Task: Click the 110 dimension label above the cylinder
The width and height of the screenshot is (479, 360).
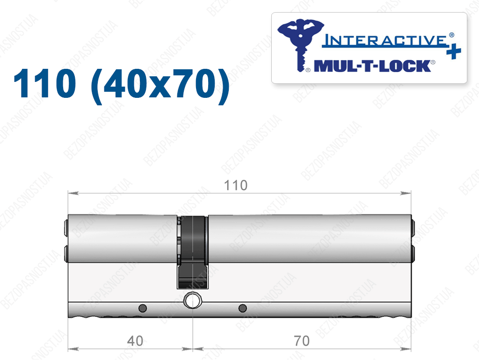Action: tap(236, 185)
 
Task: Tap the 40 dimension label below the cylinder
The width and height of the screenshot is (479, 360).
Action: tap(135, 341)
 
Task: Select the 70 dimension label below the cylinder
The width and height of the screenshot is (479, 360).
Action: tap(302, 341)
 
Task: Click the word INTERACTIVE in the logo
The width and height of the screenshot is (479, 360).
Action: tap(385, 40)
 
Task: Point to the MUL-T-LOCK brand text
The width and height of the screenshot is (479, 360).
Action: tap(372, 66)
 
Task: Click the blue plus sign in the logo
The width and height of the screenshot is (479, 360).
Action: tap(454, 51)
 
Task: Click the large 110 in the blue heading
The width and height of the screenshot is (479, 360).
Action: tap(44, 83)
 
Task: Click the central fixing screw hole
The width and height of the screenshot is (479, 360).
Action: tap(192, 300)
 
